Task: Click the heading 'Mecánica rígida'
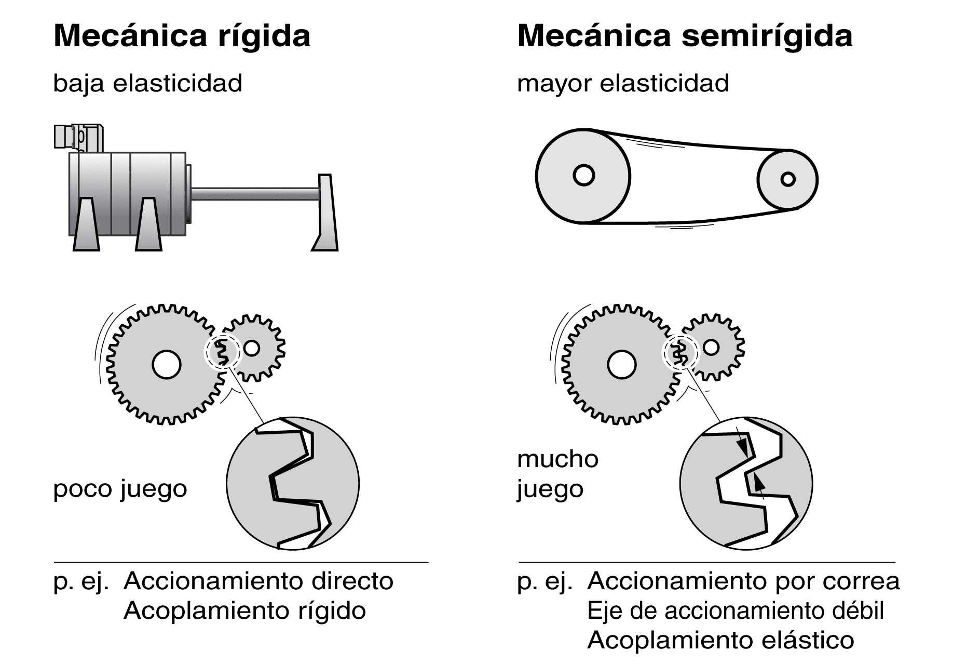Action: point(182,36)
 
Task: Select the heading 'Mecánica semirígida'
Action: point(685,36)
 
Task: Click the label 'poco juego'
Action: point(120,489)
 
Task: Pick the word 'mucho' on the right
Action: point(558,459)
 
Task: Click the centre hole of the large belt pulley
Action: point(583,176)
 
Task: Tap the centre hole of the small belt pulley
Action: point(788,179)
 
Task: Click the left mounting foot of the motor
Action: point(86,224)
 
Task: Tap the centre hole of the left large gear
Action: point(167,364)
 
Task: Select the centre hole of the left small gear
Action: point(252,348)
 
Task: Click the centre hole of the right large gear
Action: point(621,365)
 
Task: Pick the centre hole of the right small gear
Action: point(711,347)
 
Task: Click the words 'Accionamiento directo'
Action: point(258,581)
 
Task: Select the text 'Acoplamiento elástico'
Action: point(720,641)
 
